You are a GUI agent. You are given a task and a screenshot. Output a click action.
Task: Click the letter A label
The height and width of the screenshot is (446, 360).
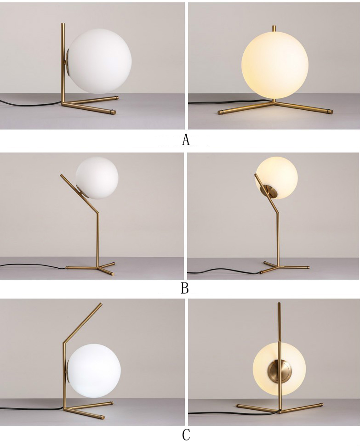click(186, 140)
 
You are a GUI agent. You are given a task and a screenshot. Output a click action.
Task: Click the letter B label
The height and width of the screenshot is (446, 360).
click(184, 288)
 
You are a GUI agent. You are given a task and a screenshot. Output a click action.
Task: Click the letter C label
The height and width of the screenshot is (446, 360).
click(186, 435)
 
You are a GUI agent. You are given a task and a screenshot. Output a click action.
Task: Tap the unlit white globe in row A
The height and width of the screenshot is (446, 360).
click(100, 62)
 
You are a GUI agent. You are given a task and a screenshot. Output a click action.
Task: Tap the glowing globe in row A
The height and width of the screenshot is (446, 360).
click(274, 65)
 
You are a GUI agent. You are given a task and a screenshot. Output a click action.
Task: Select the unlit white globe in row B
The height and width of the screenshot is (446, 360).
click(97, 178)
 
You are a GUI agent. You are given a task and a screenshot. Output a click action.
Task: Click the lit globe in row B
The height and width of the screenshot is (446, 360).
click(277, 178)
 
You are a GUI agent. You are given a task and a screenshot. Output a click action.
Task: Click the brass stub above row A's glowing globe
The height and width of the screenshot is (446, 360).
click(274, 28)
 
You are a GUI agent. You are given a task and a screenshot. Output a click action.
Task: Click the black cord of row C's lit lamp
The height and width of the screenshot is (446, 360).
click(234, 412)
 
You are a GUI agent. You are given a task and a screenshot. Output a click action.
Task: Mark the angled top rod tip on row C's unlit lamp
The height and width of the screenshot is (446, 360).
click(101, 304)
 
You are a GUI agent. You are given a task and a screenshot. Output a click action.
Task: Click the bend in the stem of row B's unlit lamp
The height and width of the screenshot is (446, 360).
click(98, 213)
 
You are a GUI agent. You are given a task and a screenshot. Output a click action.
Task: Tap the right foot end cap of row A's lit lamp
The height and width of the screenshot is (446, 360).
click(330, 112)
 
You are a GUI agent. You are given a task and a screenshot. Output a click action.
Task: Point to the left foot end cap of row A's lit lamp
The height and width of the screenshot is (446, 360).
click(220, 113)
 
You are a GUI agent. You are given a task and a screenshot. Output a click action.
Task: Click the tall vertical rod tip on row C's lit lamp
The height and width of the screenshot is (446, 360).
click(279, 304)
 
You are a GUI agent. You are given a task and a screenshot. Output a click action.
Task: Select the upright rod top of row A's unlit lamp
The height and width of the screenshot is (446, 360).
click(63, 25)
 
